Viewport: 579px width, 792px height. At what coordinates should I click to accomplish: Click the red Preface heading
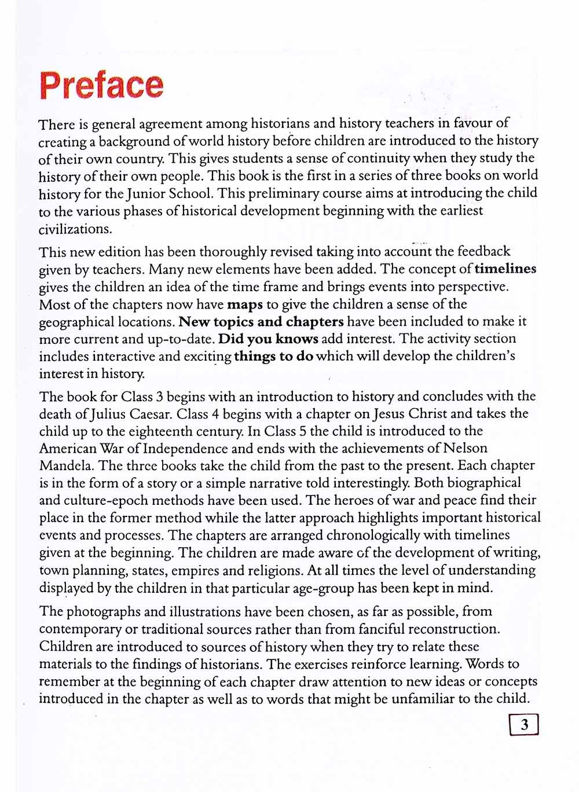101,85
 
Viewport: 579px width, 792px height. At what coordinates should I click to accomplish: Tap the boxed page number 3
525,724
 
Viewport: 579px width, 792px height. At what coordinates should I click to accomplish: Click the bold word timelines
505,269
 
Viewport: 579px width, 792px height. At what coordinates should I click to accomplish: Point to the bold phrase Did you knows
268,339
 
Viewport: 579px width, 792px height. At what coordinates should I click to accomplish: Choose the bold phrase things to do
273,356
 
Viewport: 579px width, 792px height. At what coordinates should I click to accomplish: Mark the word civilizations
75,228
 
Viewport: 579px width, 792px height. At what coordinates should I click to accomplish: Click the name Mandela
67,465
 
